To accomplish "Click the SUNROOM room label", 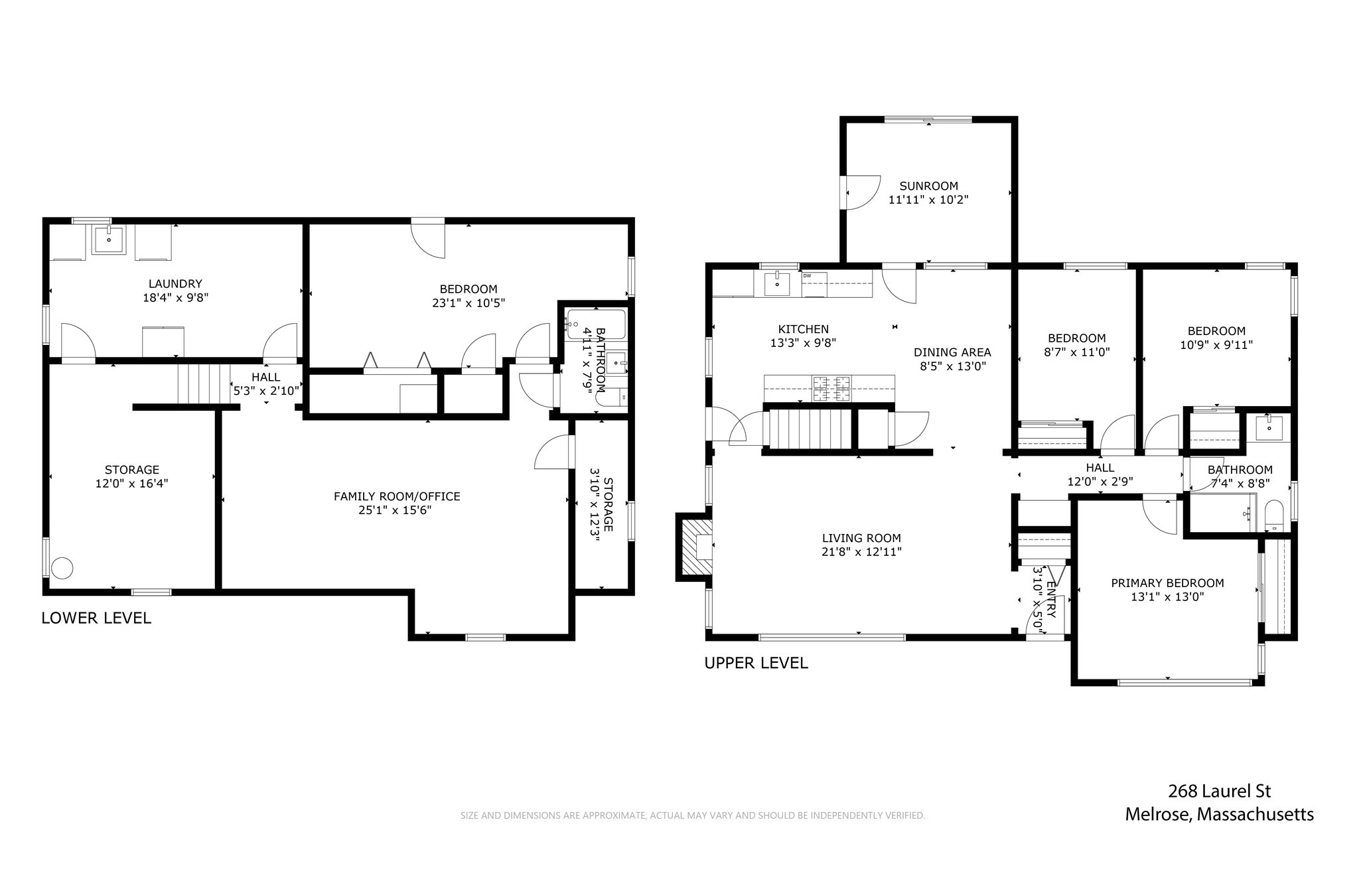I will point(928,186).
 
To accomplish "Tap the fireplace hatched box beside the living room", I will point(695,547).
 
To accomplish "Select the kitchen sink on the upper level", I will point(777,284).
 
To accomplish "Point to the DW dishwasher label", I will point(808,275).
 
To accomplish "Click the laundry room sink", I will point(109,240).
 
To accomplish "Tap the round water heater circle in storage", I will point(62,568).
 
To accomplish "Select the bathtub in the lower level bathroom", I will point(596,324).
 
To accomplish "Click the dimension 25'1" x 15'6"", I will point(396,510).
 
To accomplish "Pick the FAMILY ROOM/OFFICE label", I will point(396,496).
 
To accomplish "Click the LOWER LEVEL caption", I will point(96,618).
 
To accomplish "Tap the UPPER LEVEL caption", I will point(756,663).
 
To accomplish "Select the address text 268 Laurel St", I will point(1219,791).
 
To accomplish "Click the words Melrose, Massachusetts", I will point(1219,814).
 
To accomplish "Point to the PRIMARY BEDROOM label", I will point(1167,583).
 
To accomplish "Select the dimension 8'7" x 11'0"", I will point(1076,352).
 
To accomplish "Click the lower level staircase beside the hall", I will point(202,383).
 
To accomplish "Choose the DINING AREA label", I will point(952,352).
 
